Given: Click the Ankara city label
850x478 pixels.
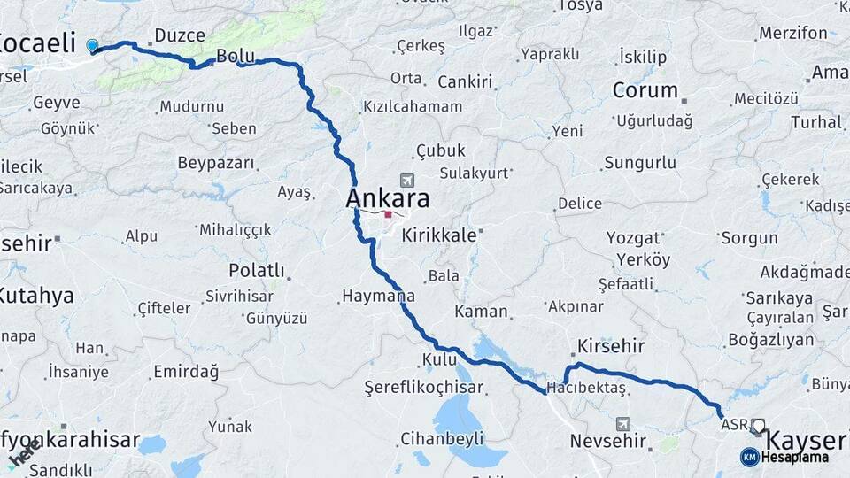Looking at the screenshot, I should (x=388, y=197).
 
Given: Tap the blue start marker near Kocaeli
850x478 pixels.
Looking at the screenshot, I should (x=92, y=45).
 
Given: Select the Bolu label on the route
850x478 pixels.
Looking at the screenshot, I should (x=236, y=56).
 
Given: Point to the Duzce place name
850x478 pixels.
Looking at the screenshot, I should (x=180, y=35).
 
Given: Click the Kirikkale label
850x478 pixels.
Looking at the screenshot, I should (x=438, y=236).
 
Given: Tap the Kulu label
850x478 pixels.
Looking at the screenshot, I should (x=439, y=359).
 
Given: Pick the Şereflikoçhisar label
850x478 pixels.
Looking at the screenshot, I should (x=424, y=388).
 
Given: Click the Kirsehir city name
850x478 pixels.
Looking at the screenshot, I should (x=610, y=345).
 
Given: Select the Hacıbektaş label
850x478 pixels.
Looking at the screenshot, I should (x=586, y=388).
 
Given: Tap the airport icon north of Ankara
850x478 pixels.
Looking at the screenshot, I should (x=406, y=179).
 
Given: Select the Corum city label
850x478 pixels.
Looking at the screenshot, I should (x=645, y=90).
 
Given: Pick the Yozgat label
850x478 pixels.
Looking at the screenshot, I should (x=634, y=237).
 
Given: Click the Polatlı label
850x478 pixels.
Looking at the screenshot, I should (x=257, y=269).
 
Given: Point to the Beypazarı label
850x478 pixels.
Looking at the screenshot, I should (x=216, y=163).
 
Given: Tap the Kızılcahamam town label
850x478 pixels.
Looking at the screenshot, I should (x=412, y=106).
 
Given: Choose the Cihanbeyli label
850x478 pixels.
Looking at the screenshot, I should (x=442, y=438).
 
